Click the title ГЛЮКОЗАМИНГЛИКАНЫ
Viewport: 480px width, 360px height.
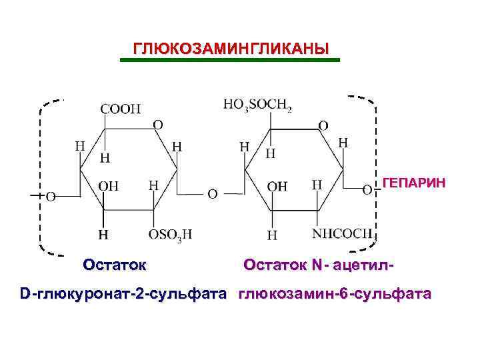pos(231,49)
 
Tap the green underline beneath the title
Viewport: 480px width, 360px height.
pos(229,61)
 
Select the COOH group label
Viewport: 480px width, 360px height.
pos(121,108)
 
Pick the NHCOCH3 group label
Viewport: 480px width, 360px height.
pos(344,234)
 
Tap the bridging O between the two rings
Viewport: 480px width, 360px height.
pos(212,194)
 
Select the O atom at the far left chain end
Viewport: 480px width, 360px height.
pos(51,197)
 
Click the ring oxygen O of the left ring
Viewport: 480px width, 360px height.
pos(157,124)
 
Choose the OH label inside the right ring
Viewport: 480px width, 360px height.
pos(277,187)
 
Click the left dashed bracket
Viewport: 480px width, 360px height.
pos(41,177)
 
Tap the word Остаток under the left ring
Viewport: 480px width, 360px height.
pos(114,265)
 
